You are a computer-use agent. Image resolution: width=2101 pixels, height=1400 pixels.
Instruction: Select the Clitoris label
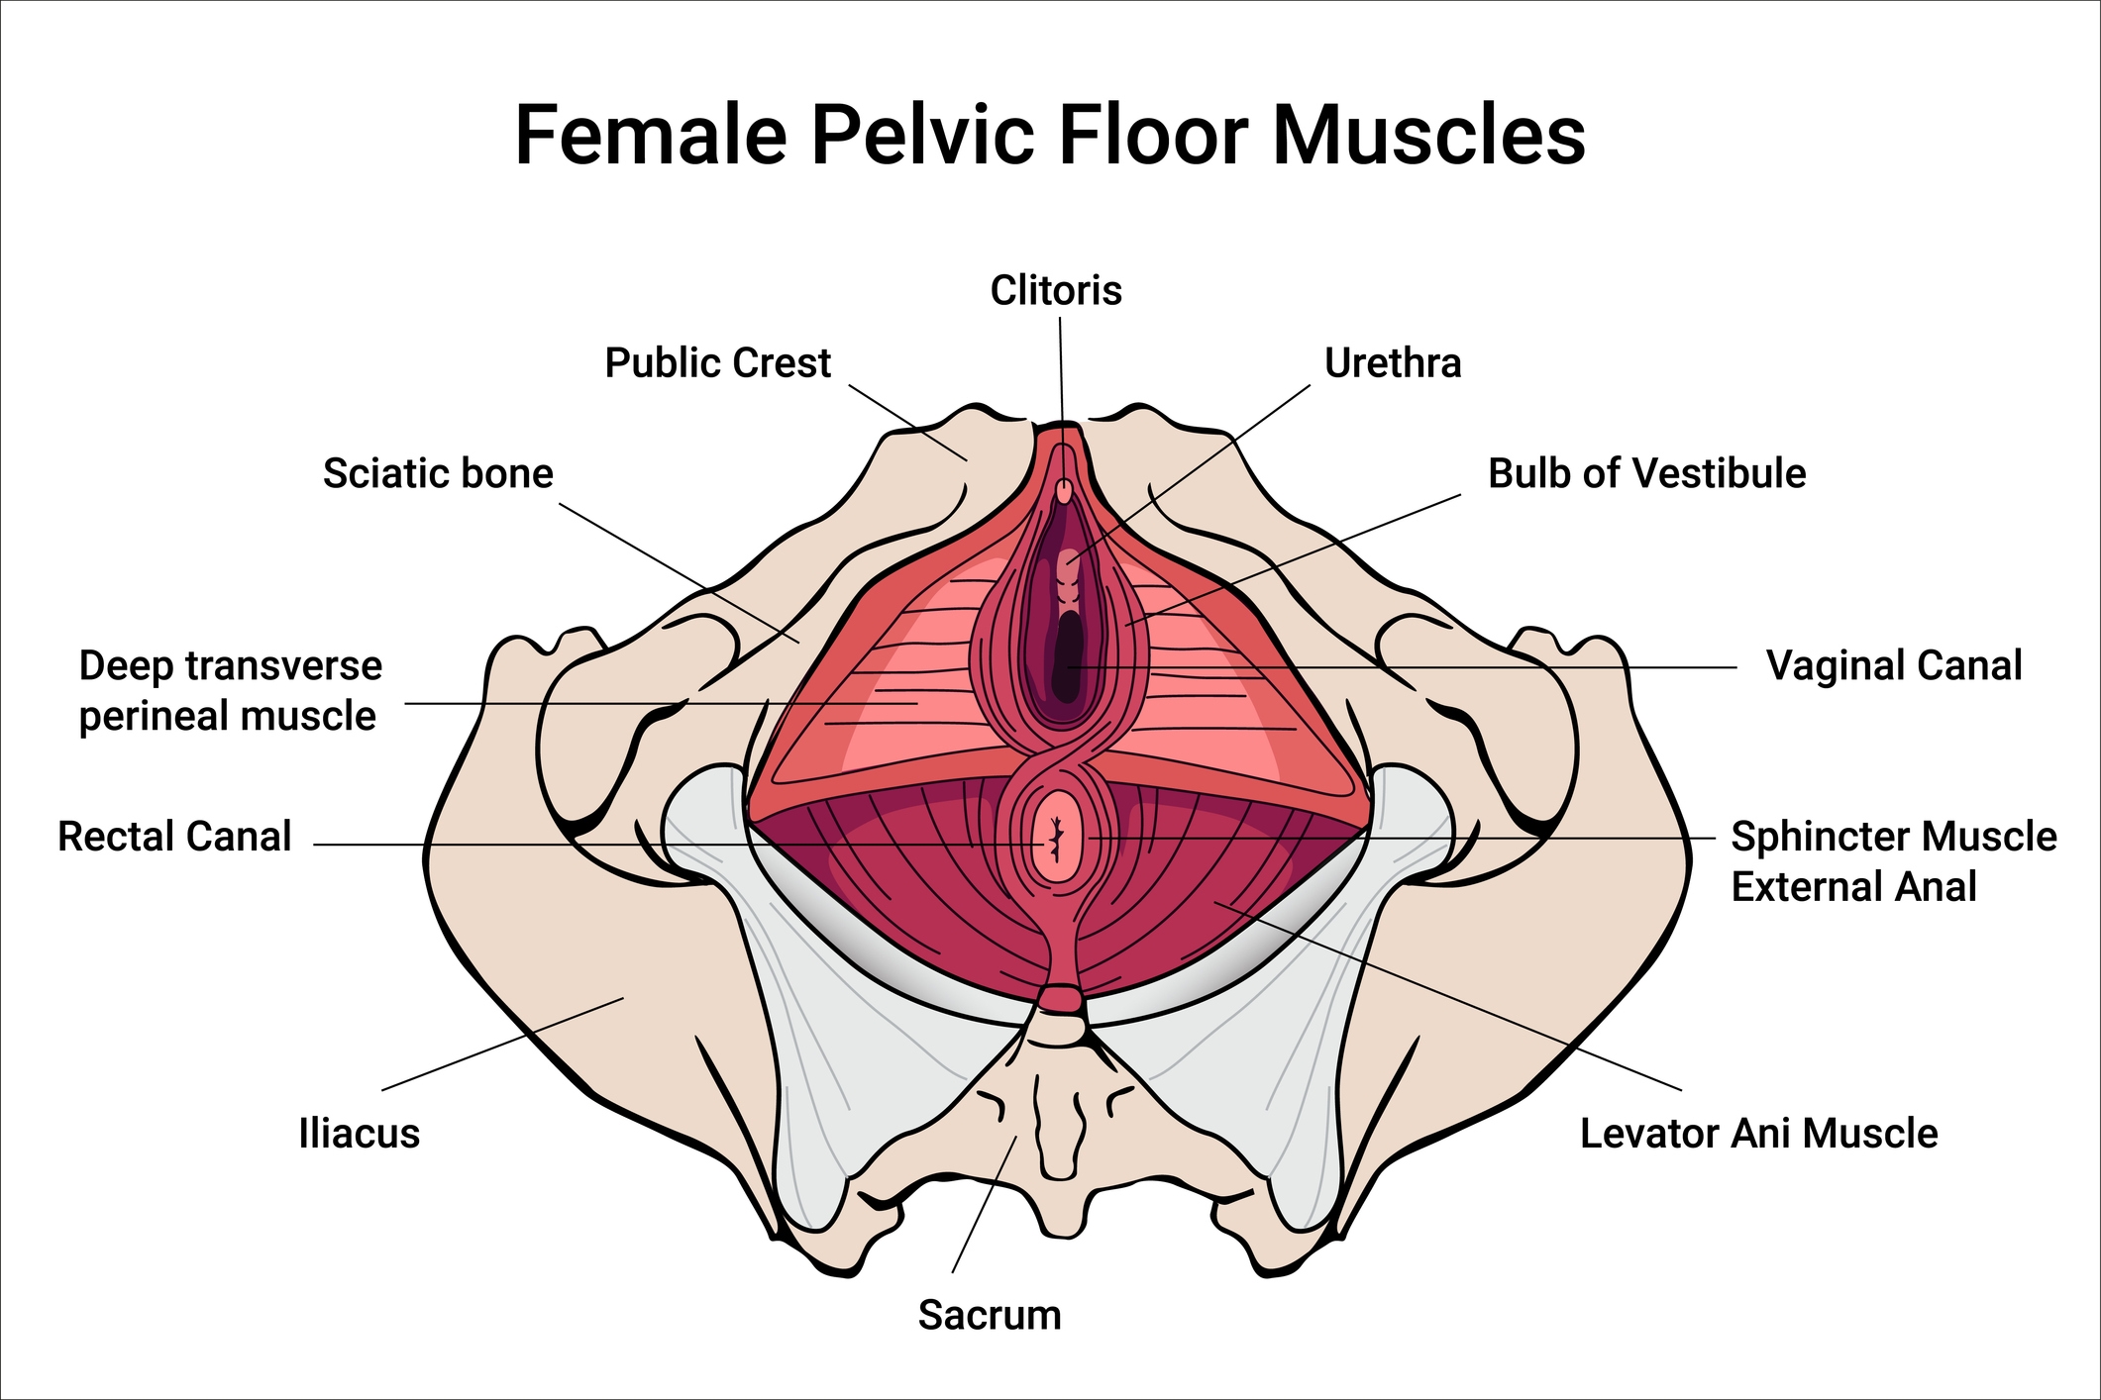click(1056, 291)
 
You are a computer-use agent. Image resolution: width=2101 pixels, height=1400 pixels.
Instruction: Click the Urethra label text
click(1393, 363)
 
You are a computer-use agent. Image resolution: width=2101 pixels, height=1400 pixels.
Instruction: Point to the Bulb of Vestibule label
click(1646, 473)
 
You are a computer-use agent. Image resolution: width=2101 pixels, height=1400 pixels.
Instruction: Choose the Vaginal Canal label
click(1893, 665)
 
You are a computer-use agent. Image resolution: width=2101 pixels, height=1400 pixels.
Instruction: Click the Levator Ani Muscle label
click(1758, 1133)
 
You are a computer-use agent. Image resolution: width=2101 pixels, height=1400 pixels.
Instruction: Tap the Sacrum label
click(990, 1315)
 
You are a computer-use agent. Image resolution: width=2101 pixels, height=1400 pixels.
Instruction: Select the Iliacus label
click(359, 1133)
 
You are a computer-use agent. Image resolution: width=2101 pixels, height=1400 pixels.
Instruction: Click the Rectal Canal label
click(174, 837)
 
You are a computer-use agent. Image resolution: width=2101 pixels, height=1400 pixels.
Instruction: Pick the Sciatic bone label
click(438, 473)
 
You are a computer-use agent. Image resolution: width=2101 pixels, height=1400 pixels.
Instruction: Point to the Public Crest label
click(717, 363)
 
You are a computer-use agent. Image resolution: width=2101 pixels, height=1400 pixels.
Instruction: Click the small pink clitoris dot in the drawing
click(1064, 491)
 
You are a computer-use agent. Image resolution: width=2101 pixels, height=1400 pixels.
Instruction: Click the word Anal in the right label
click(1935, 886)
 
